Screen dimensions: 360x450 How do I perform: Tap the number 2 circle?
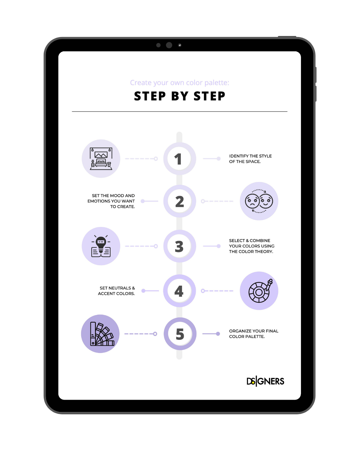[x=179, y=201]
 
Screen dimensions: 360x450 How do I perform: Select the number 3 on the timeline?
[x=179, y=246]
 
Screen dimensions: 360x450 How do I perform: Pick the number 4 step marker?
[x=179, y=291]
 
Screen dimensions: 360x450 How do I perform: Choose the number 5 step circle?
[x=180, y=334]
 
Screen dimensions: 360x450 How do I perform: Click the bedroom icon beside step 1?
[x=101, y=159]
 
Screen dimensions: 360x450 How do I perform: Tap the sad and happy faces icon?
[x=259, y=201]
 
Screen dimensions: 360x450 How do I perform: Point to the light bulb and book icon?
[x=101, y=246]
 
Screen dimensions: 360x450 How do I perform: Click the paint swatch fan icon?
[x=102, y=334]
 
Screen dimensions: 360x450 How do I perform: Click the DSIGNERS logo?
[x=265, y=381]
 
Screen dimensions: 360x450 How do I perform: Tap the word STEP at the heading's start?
[x=150, y=96]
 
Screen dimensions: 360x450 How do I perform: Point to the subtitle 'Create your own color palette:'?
[x=179, y=83]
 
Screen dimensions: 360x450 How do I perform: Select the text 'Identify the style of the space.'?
[x=250, y=159]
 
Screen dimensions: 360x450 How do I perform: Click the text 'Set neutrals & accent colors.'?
[x=117, y=291]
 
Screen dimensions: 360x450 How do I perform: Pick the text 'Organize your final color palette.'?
[x=254, y=334]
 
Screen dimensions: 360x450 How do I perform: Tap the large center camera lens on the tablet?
[x=169, y=45]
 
